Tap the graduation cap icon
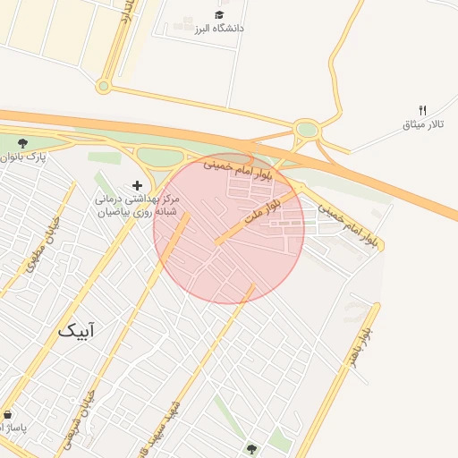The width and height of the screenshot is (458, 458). click(x=219, y=14)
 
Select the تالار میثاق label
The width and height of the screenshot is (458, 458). click(x=423, y=125)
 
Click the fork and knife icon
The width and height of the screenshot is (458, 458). click(x=423, y=110)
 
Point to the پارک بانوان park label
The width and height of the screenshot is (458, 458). click(x=21, y=157)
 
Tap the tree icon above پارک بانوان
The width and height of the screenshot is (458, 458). click(x=22, y=142)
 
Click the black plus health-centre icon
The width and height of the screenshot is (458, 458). click(x=137, y=184)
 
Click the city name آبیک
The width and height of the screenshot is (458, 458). click(x=76, y=330)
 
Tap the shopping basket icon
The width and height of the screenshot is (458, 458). click(x=9, y=416)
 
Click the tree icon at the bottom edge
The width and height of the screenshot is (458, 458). click(x=251, y=448)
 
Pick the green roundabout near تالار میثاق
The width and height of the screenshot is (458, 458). click(x=308, y=131)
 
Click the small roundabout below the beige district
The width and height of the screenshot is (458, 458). click(x=104, y=87)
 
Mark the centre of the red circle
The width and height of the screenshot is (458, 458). click(x=229, y=228)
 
